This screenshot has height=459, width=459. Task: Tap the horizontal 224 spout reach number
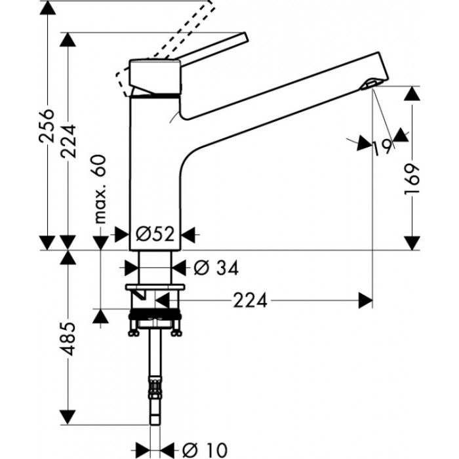coord(250,301)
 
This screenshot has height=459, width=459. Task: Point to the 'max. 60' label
coord(100,191)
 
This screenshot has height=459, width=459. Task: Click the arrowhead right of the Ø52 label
coord(189,234)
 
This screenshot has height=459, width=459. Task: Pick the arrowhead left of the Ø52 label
coord(121,234)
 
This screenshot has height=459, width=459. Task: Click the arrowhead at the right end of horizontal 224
coord(365,301)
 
